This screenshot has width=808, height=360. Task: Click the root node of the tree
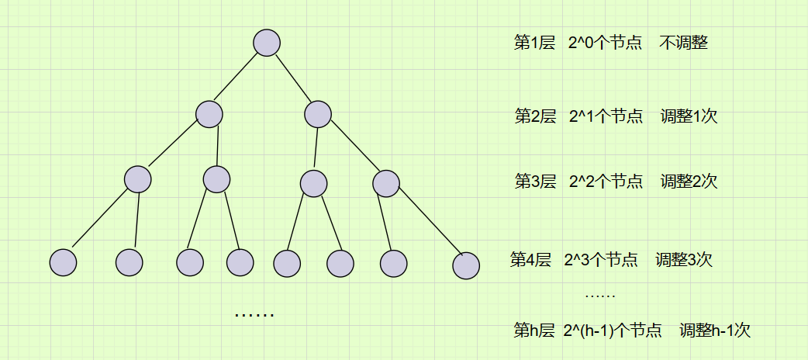click(267, 43)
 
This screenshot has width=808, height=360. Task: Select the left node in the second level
click(209, 114)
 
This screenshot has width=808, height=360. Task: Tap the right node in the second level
click(318, 114)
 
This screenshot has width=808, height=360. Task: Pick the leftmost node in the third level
click(138, 179)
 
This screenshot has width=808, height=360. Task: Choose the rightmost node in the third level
click(385, 184)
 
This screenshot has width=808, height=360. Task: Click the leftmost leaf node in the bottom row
click(63, 262)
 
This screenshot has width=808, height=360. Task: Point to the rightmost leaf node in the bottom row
click(466, 265)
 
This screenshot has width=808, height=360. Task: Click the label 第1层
click(535, 43)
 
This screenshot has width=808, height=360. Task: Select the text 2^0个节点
click(605, 43)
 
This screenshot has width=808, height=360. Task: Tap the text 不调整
click(684, 43)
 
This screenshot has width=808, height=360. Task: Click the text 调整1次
click(689, 116)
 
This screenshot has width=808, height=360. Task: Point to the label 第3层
click(535, 182)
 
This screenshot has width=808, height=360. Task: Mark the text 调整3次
click(684, 259)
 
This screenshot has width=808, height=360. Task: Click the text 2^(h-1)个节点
click(613, 330)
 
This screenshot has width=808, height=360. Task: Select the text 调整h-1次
click(715, 330)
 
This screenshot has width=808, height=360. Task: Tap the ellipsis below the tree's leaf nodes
click(254, 314)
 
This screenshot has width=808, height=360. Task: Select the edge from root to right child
click(292, 78)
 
